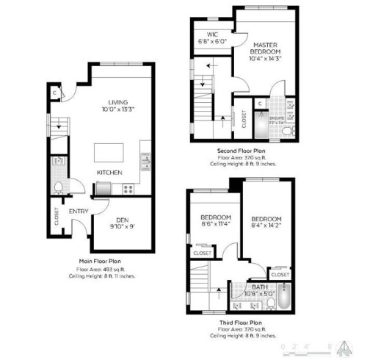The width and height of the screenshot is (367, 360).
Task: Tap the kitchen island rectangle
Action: point(112,152)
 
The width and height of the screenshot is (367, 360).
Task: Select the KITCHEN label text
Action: point(109,173)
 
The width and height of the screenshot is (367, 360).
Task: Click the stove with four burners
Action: point(129,189)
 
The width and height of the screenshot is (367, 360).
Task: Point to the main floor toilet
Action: point(59,187)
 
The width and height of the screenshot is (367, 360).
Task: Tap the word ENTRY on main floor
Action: point(78,212)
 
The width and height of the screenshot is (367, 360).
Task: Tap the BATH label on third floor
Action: point(261,287)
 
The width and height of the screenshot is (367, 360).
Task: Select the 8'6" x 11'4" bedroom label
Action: point(217,221)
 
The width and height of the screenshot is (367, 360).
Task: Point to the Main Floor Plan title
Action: point(100,261)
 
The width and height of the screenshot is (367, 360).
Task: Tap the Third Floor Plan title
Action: point(241,323)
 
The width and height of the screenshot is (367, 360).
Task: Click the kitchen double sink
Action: point(145,159)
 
